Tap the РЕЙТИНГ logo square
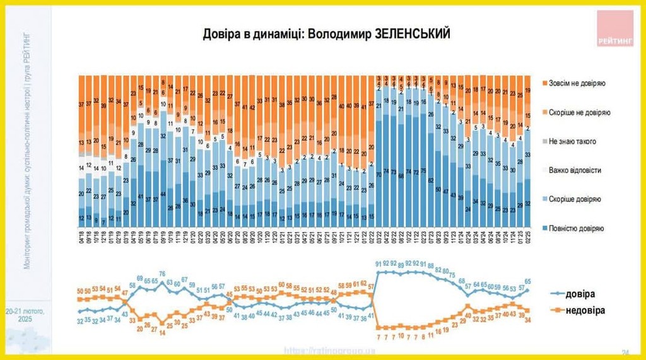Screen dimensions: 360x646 tap(614, 28)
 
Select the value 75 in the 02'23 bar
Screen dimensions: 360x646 tap(423, 170)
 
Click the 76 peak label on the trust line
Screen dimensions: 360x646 tap(162, 274)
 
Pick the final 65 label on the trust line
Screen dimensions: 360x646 tap(527, 282)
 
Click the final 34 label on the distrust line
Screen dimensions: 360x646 tap(527, 320)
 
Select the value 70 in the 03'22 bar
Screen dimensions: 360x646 tap(379, 173)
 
